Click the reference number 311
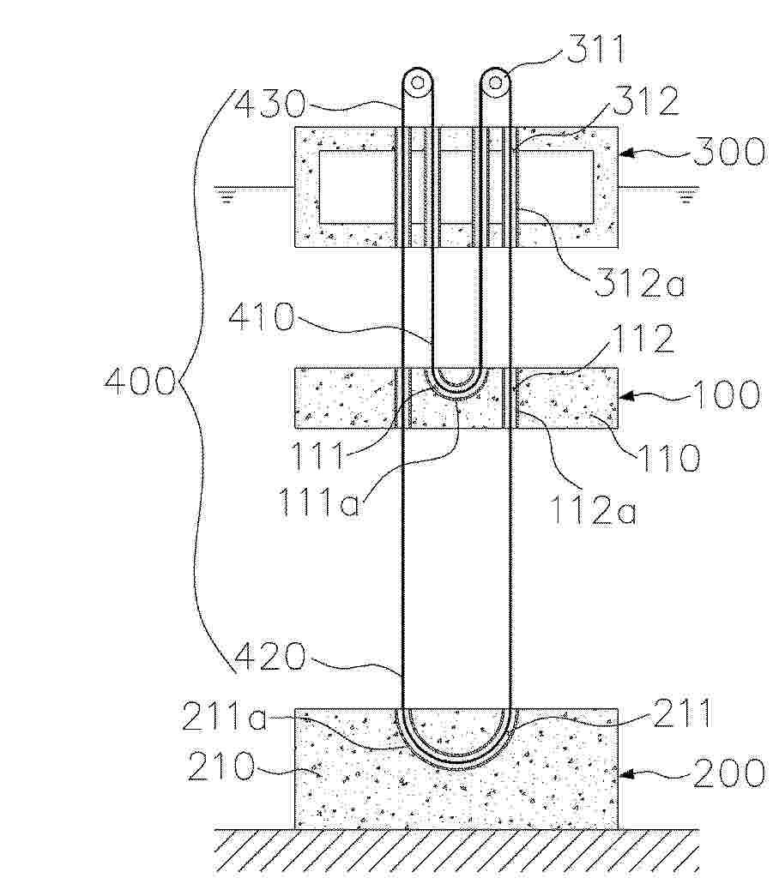[595, 50]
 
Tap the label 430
[270, 104]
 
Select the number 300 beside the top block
[729, 152]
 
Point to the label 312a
[640, 283]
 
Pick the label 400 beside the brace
[140, 381]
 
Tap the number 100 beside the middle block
[726, 394]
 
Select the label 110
[669, 457]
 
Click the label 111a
[319, 502]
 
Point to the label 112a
[595, 509]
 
